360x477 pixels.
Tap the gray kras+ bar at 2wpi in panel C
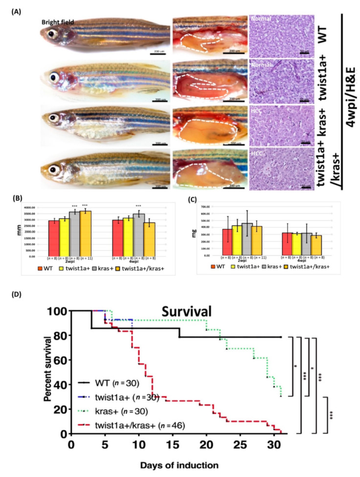coord(247,239)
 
